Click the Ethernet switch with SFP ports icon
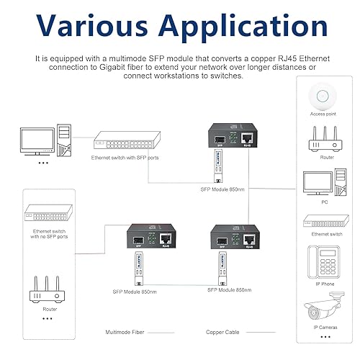point(120,142)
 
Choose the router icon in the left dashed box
point(48,289)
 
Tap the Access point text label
point(323,113)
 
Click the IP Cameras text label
point(323,328)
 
